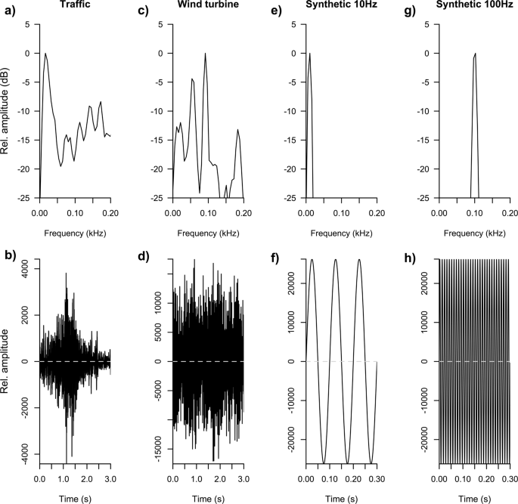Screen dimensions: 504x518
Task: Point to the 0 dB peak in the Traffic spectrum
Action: tap(45, 54)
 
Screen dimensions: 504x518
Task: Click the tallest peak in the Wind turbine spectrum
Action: tap(205, 54)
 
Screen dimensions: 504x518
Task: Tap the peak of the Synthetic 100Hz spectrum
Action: tap(475, 54)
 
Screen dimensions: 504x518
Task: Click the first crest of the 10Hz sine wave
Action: tap(312, 260)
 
